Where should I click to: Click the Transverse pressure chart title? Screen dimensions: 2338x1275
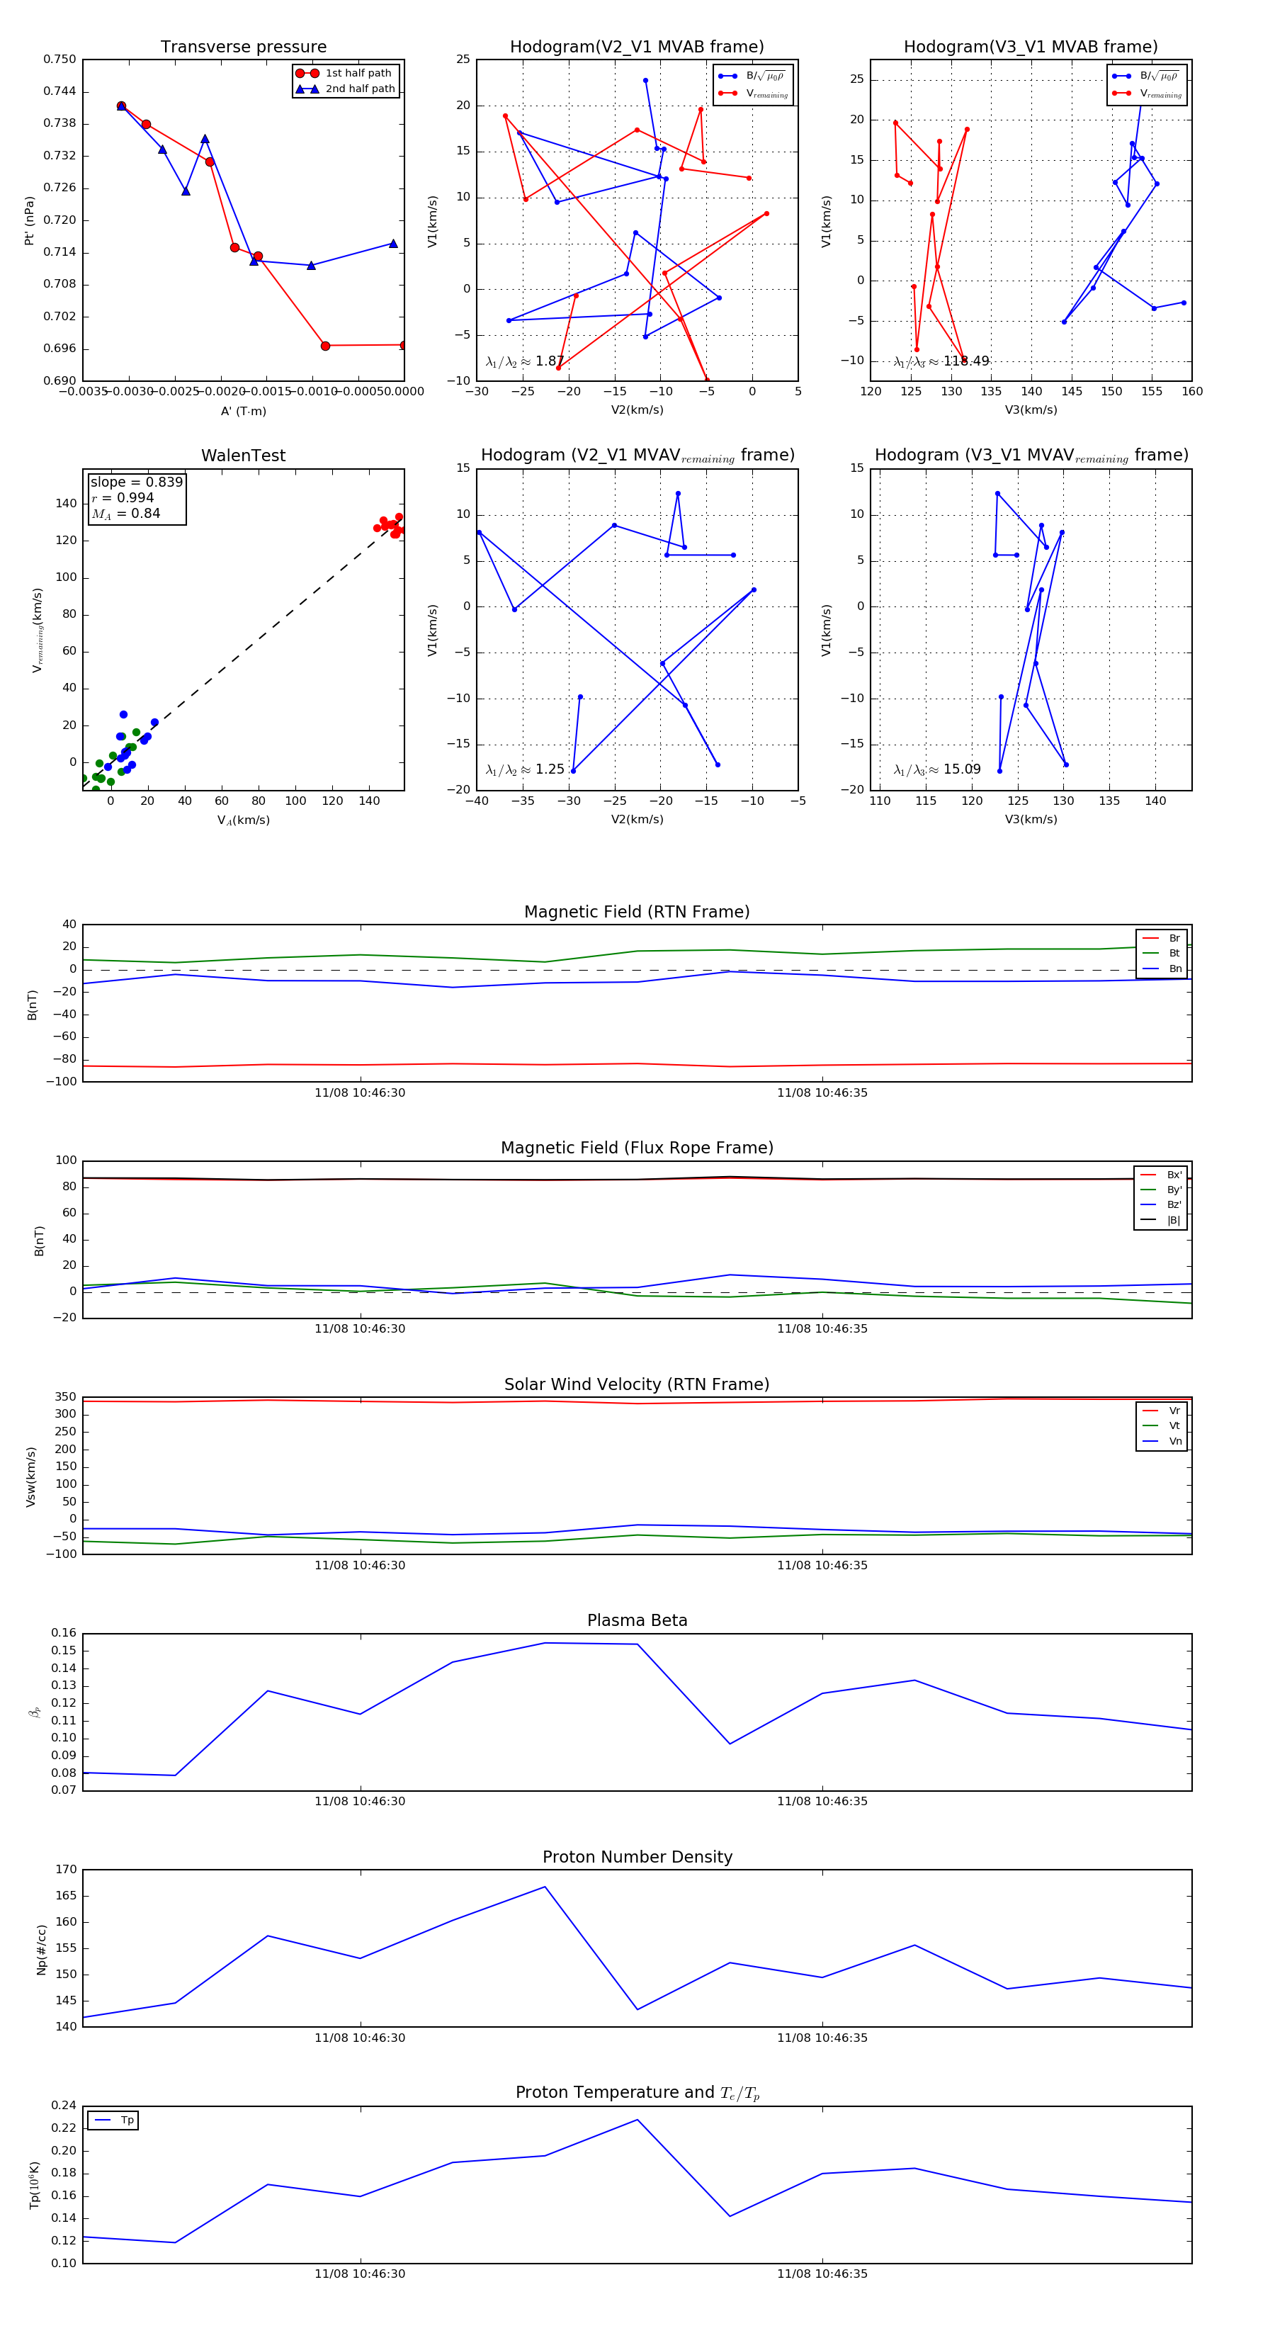pyautogui.click(x=243, y=47)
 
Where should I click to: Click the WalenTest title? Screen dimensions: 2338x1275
pyautogui.click(x=243, y=456)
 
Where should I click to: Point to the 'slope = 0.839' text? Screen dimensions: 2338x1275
pyautogui.click(x=136, y=482)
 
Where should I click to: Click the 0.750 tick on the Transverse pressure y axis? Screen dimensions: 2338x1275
pyautogui.click(x=60, y=60)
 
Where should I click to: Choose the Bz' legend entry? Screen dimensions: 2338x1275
pyautogui.click(x=1174, y=1204)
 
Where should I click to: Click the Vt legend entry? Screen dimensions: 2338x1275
pyautogui.click(x=1174, y=1426)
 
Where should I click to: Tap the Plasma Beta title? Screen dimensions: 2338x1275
pyautogui.click(x=637, y=1621)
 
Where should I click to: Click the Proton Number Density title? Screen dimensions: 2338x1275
pyautogui.click(x=637, y=1857)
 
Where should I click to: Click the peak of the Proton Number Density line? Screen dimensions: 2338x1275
pyautogui.click(x=545, y=1887)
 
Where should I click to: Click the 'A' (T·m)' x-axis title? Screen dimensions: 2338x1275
pyautogui.click(x=243, y=411)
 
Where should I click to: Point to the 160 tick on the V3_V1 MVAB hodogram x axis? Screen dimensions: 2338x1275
pyautogui.click(x=1191, y=392)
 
